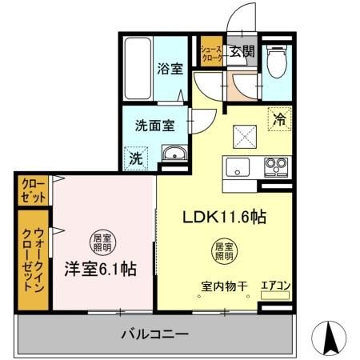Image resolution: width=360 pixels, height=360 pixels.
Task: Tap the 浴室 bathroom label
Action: coord(170,69)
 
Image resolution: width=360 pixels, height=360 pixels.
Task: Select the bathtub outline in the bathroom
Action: coord(138,68)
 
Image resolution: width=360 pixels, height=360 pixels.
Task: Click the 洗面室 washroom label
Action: coord(154,126)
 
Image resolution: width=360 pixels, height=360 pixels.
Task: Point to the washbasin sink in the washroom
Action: coord(172,154)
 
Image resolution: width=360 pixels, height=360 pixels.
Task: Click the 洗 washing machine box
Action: coord(137,158)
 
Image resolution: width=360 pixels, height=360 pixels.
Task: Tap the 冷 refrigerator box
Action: coord(280,119)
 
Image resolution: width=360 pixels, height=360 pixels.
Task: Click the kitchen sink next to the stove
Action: coord(238,168)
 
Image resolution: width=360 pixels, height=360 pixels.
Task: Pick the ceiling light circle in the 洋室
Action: coord(100,241)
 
